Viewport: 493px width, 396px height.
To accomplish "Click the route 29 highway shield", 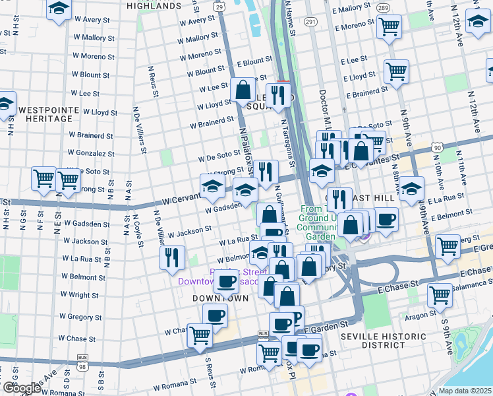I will click(x=218, y=6).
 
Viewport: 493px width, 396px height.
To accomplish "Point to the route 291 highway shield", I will click(x=311, y=21).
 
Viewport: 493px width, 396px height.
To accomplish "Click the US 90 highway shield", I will click(x=438, y=147).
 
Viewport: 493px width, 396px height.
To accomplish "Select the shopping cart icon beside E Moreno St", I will click(x=389, y=27).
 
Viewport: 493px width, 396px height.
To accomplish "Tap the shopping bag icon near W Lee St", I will click(x=243, y=89).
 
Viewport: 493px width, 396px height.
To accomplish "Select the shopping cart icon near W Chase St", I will click(x=199, y=335).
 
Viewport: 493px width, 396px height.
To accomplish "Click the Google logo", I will click(x=22, y=388).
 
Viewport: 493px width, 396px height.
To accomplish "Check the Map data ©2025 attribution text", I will click(x=464, y=390).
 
